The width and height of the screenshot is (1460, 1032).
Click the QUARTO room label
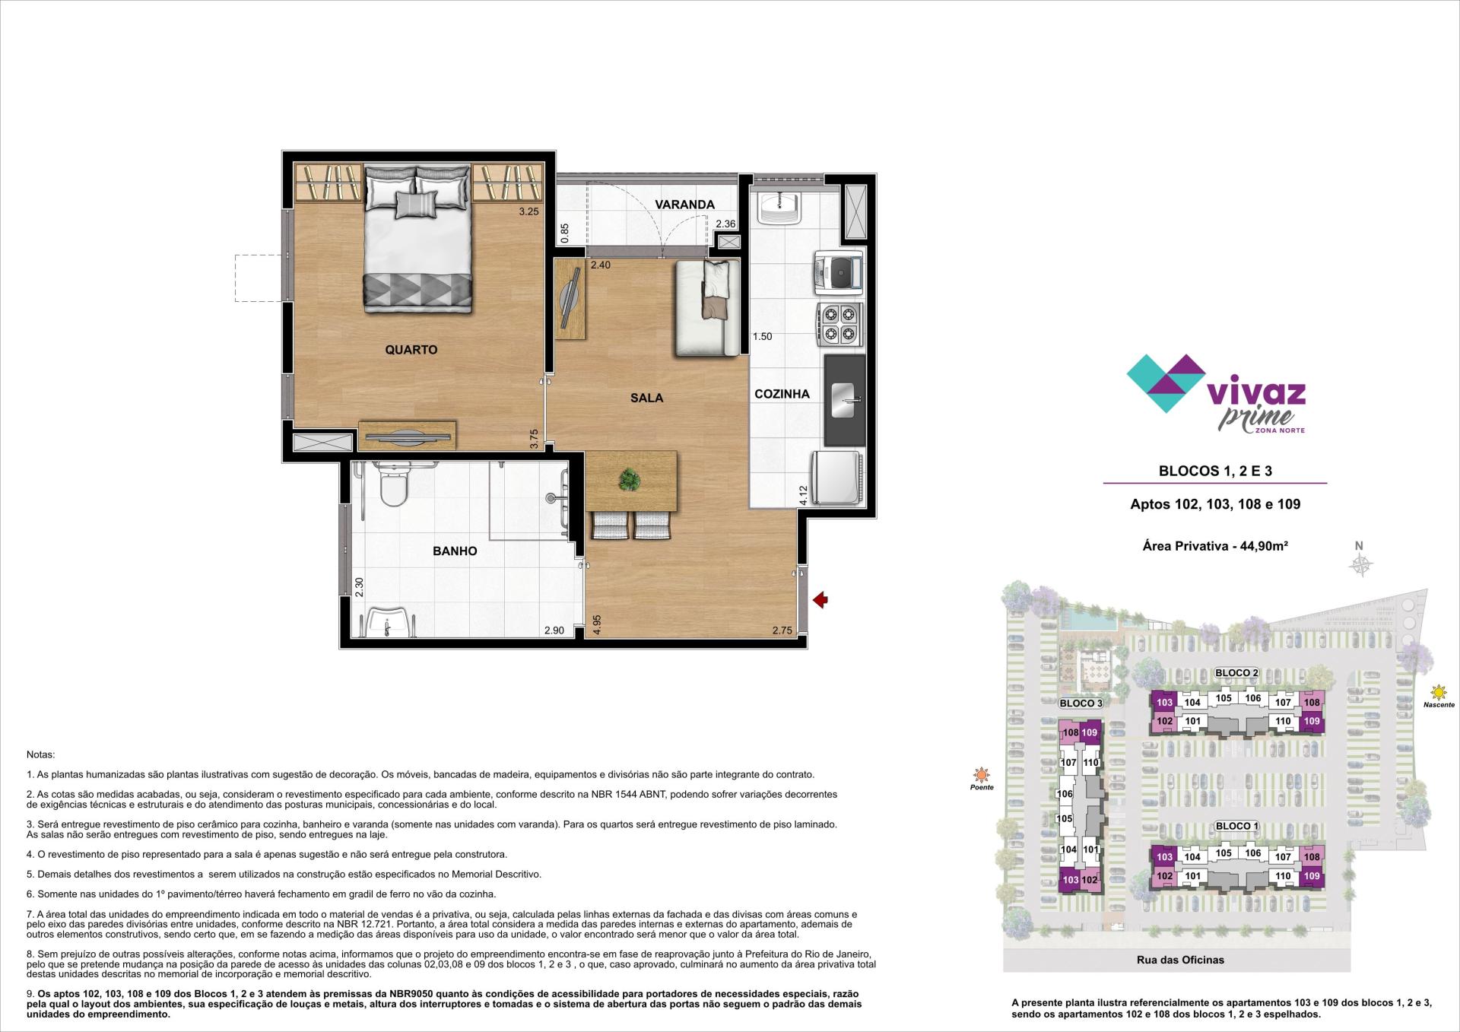click(x=411, y=350)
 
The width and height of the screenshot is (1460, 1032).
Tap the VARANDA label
click(x=685, y=205)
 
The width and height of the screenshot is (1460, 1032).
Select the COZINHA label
click(x=782, y=394)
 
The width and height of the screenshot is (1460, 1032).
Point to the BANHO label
click(x=455, y=551)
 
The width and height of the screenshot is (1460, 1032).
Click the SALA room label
click(x=646, y=398)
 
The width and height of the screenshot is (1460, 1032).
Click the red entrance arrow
click(x=820, y=600)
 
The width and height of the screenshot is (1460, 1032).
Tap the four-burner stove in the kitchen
click(x=840, y=323)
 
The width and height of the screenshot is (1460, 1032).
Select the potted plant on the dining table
click(x=630, y=480)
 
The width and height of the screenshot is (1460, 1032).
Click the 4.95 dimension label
click(x=598, y=624)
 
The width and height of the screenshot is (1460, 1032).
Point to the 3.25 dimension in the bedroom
click(x=528, y=211)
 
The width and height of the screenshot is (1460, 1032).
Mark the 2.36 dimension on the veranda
click(x=725, y=224)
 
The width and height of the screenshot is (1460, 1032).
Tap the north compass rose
click(x=1360, y=564)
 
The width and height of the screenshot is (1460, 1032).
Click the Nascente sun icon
click(x=1438, y=692)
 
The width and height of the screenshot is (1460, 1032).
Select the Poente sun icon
click(x=982, y=775)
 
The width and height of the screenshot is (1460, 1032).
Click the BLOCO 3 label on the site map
click(x=1081, y=703)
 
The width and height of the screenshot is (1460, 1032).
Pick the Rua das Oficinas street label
click(x=1180, y=960)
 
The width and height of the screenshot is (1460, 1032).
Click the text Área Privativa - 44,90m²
click(x=1215, y=545)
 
